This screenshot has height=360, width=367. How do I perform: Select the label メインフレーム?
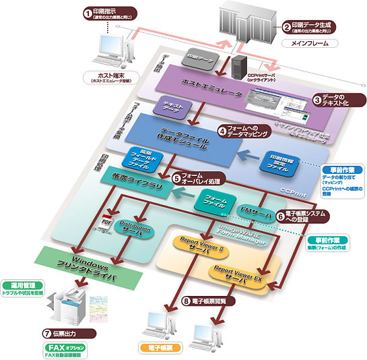point(310,43)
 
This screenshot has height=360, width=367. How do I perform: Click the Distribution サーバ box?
point(137,227)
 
